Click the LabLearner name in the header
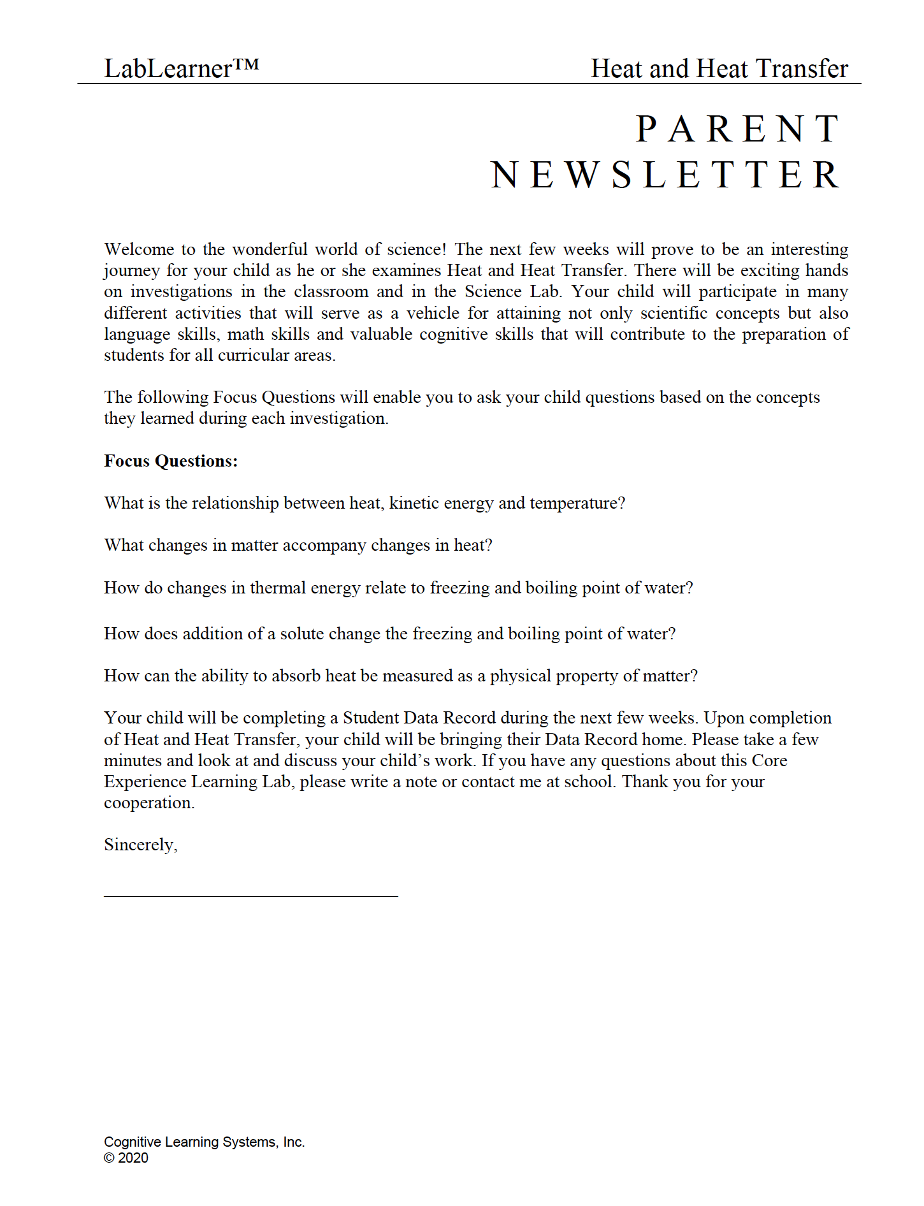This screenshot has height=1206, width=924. [168, 69]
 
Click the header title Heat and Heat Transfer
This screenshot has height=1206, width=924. [719, 69]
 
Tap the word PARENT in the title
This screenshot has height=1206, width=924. [739, 129]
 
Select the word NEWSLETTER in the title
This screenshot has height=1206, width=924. [665, 175]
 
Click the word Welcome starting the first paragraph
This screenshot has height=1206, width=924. [139, 249]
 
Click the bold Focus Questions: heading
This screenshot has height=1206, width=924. [171, 461]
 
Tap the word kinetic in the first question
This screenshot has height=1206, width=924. [414, 503]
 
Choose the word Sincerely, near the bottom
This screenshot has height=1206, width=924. [141, 845]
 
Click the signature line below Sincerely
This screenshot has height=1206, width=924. [250, 896]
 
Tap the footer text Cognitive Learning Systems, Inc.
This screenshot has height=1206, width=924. [204, 1142]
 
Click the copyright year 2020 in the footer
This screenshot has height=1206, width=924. [133, 1158]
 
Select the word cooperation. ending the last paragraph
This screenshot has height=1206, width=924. [149, 803]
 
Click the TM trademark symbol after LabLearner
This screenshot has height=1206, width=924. [246, 64]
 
